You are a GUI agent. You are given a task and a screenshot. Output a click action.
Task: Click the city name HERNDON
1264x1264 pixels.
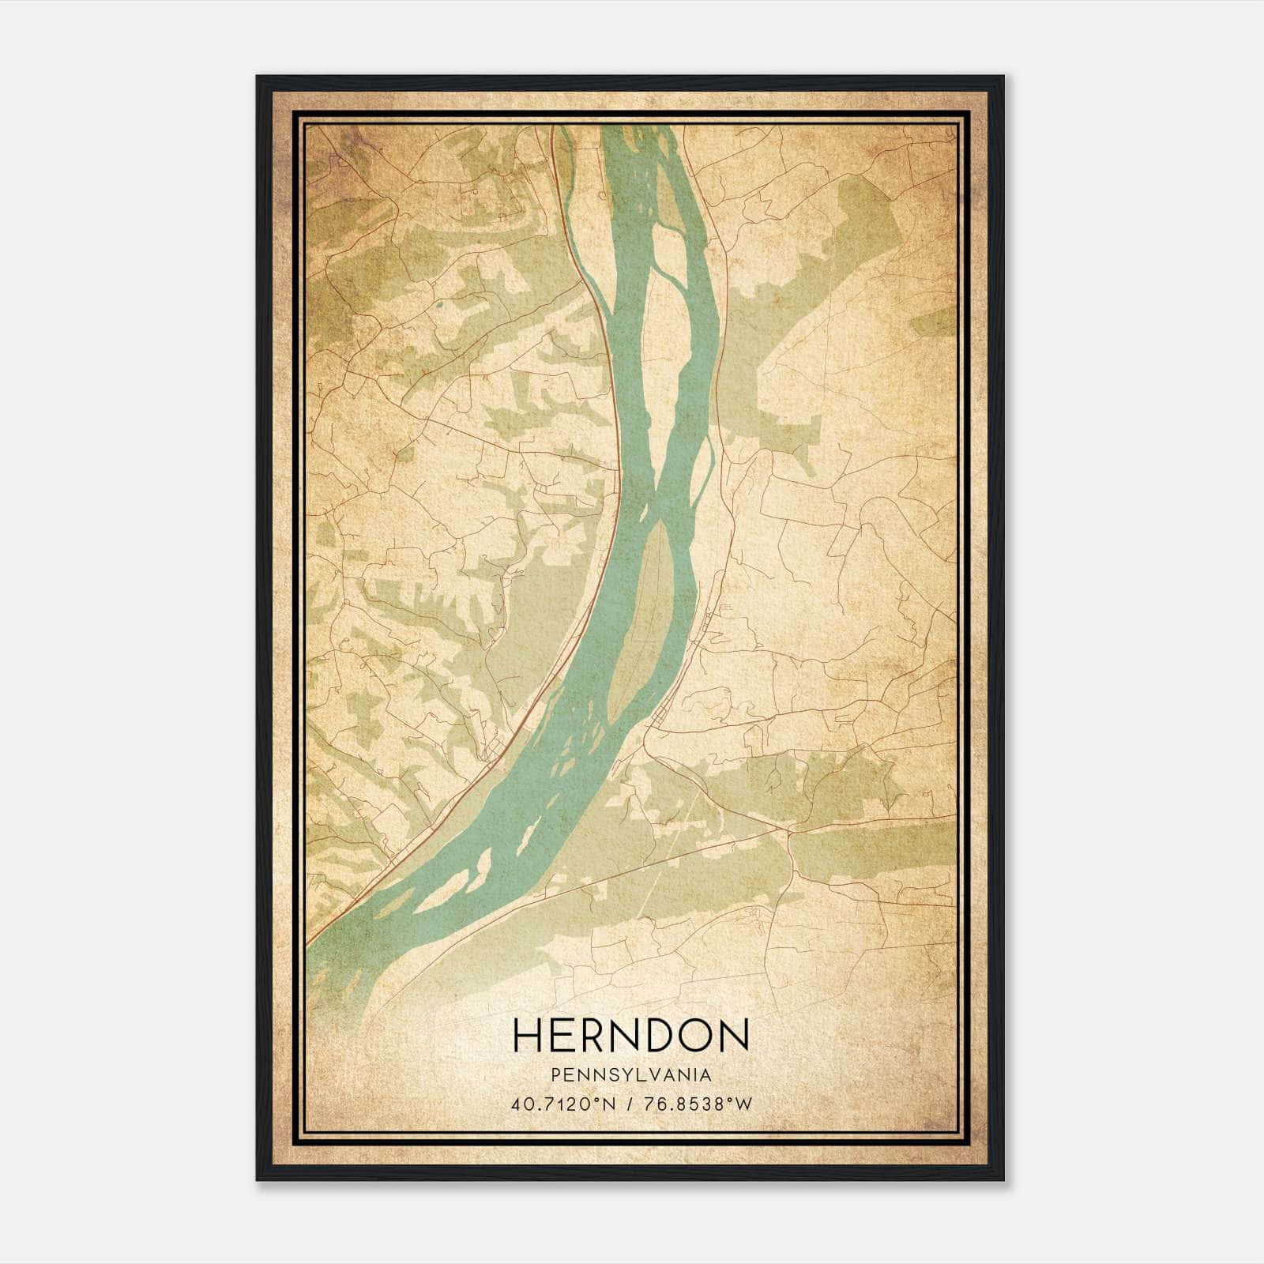[631, 1035]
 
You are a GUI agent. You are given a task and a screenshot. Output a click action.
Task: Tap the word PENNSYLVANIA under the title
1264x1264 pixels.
[631, 1075]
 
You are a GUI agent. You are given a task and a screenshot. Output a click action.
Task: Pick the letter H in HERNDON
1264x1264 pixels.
[529, 1035]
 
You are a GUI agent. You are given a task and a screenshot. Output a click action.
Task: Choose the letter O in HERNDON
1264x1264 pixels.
[695, 1035]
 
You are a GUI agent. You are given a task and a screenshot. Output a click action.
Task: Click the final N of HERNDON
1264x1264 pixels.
[734, 1035]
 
